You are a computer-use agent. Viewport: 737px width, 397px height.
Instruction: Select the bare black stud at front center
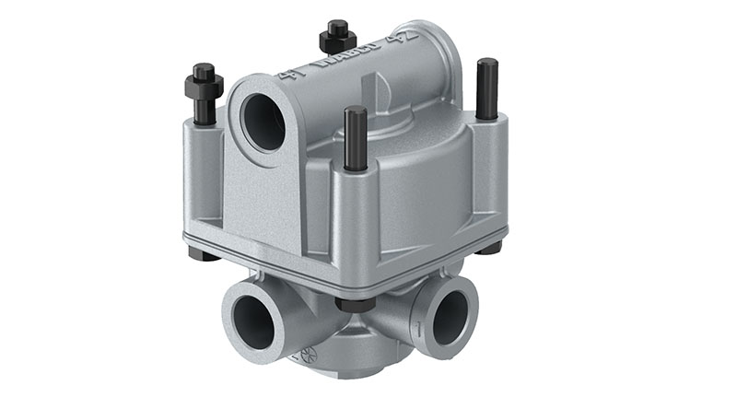click(356, 138)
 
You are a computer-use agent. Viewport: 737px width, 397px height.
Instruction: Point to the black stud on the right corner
click(486, 88)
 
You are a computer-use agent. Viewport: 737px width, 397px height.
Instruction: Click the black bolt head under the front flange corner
click(355, 303)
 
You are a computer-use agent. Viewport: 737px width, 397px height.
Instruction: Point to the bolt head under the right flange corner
click(492, 247)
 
